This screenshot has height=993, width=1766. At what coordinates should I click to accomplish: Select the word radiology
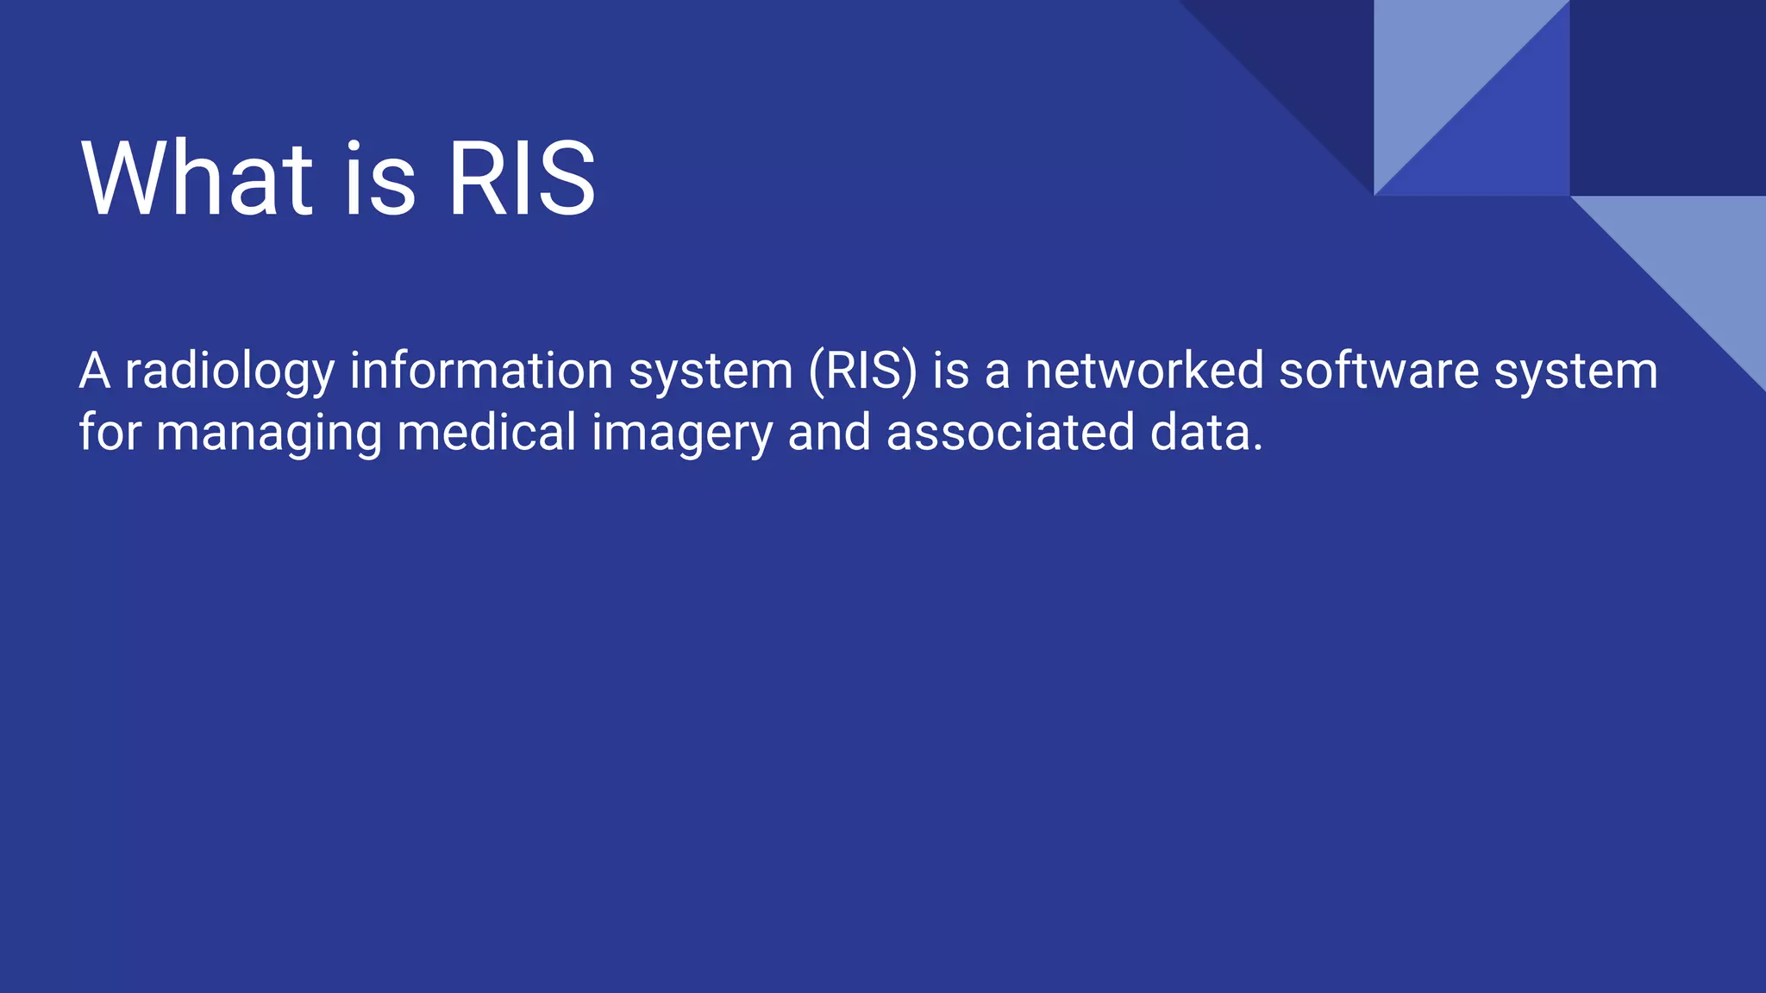229,372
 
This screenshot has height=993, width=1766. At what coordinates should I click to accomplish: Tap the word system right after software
1575,372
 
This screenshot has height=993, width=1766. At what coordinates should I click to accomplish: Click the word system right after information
711,372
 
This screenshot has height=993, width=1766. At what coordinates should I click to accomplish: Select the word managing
268,434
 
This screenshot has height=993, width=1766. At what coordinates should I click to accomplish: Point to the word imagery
681,434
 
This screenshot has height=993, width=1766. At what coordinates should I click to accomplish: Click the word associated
1010,432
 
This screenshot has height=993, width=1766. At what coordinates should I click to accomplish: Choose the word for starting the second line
110,432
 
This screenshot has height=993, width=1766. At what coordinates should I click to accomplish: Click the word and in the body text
829,432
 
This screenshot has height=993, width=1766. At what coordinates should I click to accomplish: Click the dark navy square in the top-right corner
1667,97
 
